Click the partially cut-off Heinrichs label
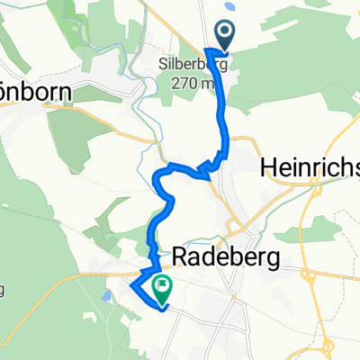tap(310, 166)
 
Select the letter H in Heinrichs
tap(267, 166)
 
